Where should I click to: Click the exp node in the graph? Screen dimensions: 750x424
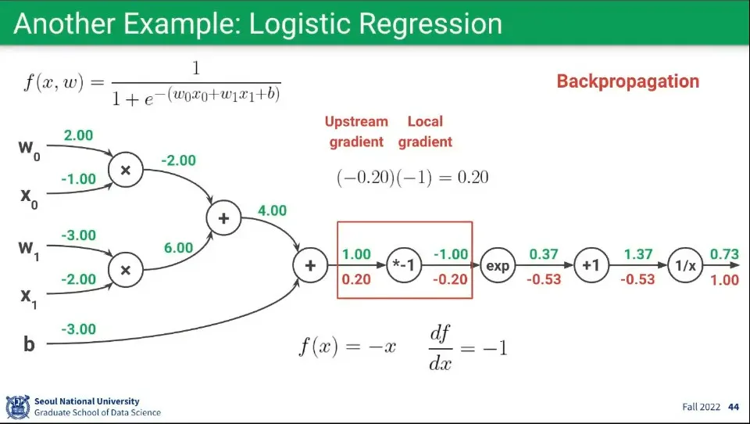coord(498,266)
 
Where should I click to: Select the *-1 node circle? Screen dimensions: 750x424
coord(405,266)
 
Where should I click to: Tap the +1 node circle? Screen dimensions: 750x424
coord(591,266)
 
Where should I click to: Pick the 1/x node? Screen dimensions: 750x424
coord(685,266)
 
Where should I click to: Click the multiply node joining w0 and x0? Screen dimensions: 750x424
coord(125,170)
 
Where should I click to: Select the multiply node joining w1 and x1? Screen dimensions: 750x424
coord(125,270)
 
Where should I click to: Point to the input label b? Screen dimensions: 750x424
coord(29,343)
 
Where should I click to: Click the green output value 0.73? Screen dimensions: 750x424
coord(724,254)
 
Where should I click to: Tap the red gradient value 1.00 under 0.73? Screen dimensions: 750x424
coord(724,280)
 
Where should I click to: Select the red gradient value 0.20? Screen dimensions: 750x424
coord(356,279)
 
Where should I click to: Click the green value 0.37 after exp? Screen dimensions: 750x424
coord(544,254)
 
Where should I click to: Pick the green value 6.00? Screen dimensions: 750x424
coord(177,247)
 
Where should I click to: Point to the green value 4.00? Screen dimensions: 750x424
coord(272,210)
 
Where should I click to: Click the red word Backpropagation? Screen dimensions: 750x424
coord(627,81)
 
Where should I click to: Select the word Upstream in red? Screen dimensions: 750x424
coord(356,121)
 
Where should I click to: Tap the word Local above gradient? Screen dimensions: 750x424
coord(425,121)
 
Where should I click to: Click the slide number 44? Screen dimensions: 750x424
coord(733,407)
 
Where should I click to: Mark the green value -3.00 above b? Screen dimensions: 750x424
coord(78,329)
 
